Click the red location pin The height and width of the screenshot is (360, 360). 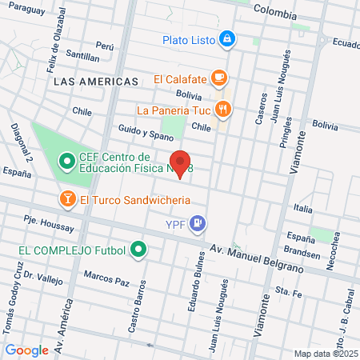coord(181,163)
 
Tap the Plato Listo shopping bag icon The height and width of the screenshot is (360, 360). coord(227,38)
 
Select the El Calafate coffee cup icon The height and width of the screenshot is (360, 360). coord(218,78)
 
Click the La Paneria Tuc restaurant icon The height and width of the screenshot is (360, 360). coord(223,110)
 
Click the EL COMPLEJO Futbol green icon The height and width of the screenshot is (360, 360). coord(139,250)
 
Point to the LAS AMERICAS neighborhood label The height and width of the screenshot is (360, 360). coord(94,82)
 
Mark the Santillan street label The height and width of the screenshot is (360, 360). coord(83,57)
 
